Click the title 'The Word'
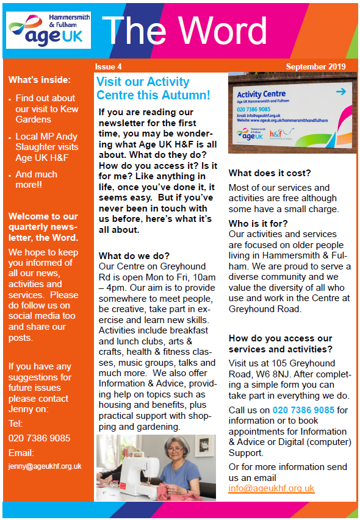[184, 30]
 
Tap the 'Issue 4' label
[108, 66]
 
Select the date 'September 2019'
[315, 66]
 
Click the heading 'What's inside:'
[40, 79]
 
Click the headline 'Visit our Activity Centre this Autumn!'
[153, 88]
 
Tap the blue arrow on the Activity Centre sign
[340, 91]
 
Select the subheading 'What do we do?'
[134, 255]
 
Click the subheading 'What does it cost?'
[270, 173]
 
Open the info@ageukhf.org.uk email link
[272, 488]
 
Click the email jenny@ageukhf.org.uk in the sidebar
[45, 466]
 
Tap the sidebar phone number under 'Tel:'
[39, 438]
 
